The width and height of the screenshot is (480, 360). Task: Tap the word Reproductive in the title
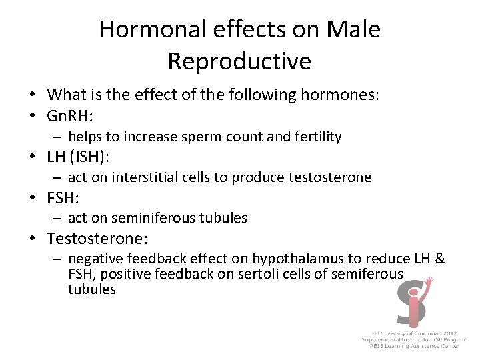(239, 61)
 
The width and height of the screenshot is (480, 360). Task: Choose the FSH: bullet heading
(64, 197)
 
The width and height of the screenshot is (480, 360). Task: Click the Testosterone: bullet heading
(97, 238)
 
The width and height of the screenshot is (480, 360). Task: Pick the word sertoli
(255, 274)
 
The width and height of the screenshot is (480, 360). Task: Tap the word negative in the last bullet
(94, 259)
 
